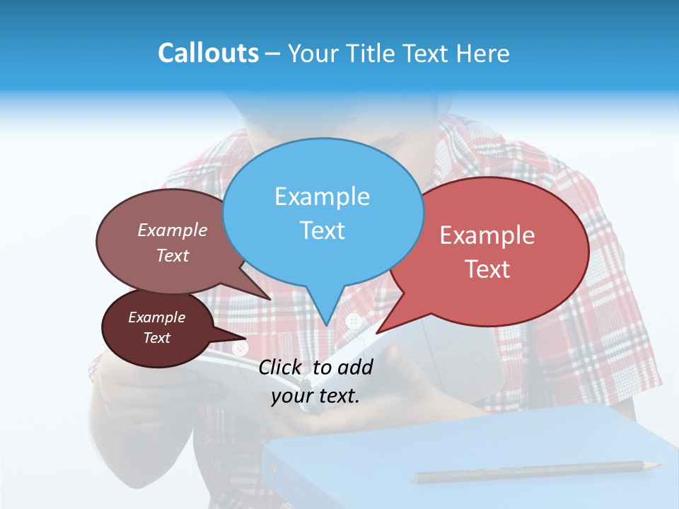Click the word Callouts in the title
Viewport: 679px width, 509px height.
tap(208, 53)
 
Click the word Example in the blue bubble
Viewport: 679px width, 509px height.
tap(322, 196)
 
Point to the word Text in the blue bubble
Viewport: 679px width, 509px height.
tap(322, 230)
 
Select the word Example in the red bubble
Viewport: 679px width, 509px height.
tap(487, 235)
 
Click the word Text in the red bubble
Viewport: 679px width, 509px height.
tap(487, 269)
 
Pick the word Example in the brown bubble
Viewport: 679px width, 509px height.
tap(173, 230)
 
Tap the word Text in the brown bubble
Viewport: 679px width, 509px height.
tap(173, 255)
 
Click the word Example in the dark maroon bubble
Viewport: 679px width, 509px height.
tap(156, 317)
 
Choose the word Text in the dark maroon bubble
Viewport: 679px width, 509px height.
tap(156, 338)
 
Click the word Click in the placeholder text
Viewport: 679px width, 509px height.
tap(282, 367)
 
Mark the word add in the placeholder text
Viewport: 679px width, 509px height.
tap(355, 367)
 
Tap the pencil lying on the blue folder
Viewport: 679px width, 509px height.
tap(538, 472)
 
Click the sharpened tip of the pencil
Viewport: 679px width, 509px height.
tap(658, 464)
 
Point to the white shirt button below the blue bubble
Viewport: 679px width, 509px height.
tap(354, 322)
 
